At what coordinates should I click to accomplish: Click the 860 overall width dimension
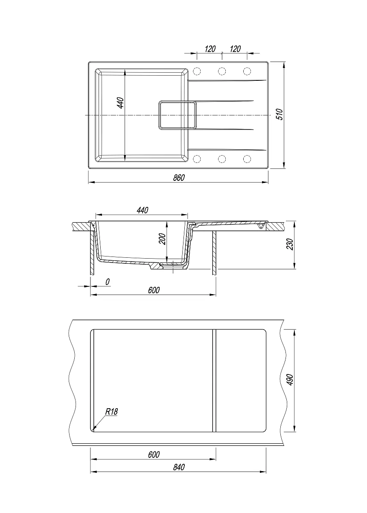[178, 177]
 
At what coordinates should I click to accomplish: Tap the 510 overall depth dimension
[280, 114]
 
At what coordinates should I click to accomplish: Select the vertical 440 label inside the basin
[120, 103]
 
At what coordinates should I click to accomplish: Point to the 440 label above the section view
[143, 210]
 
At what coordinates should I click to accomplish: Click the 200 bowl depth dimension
[162, 239]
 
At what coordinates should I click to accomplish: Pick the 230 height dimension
[289, 244]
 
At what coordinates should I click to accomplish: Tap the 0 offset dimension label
[108, 282]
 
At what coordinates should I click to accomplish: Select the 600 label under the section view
[154, 290]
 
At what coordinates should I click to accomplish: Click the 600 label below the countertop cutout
[154, 454]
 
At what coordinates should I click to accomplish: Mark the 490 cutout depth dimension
[290, 380]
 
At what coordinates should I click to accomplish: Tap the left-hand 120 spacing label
[210, 49]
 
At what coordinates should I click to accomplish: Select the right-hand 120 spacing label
[235, 49]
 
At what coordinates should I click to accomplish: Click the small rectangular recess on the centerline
[178, 115]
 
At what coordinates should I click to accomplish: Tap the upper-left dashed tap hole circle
[197, 71]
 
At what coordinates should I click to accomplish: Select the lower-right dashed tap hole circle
[247, 159]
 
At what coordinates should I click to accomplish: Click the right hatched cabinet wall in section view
[215, 253]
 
